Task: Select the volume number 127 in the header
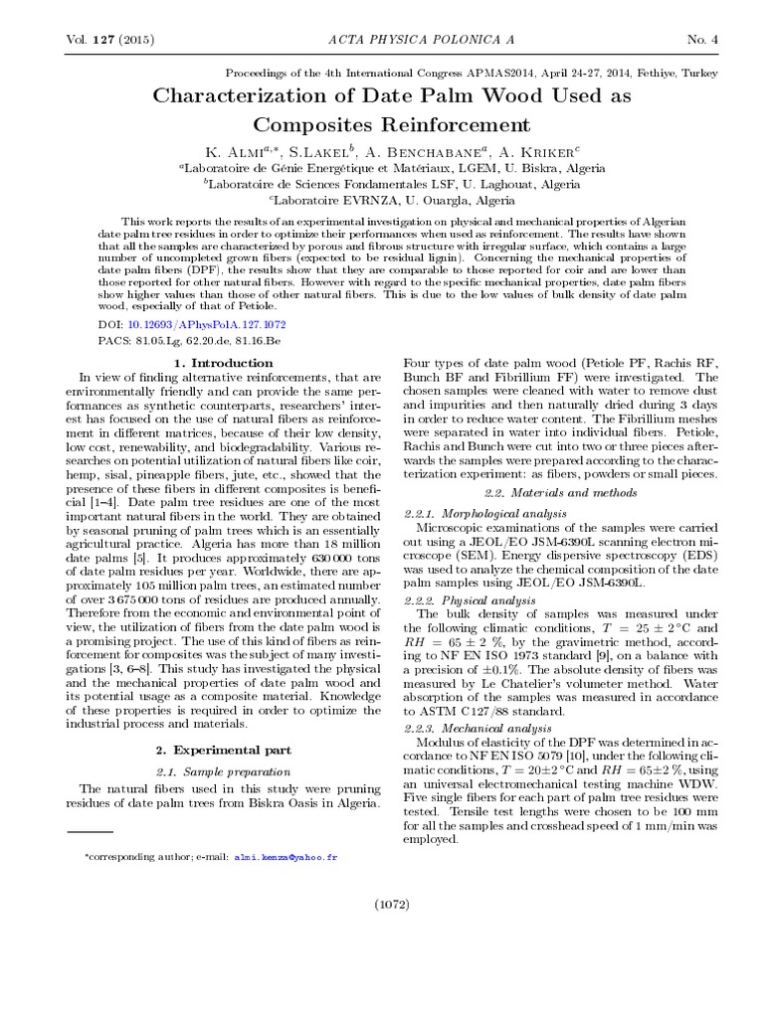pos(99,39)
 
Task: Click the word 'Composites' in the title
pos(313,125)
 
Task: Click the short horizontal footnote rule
pos(91,829)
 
